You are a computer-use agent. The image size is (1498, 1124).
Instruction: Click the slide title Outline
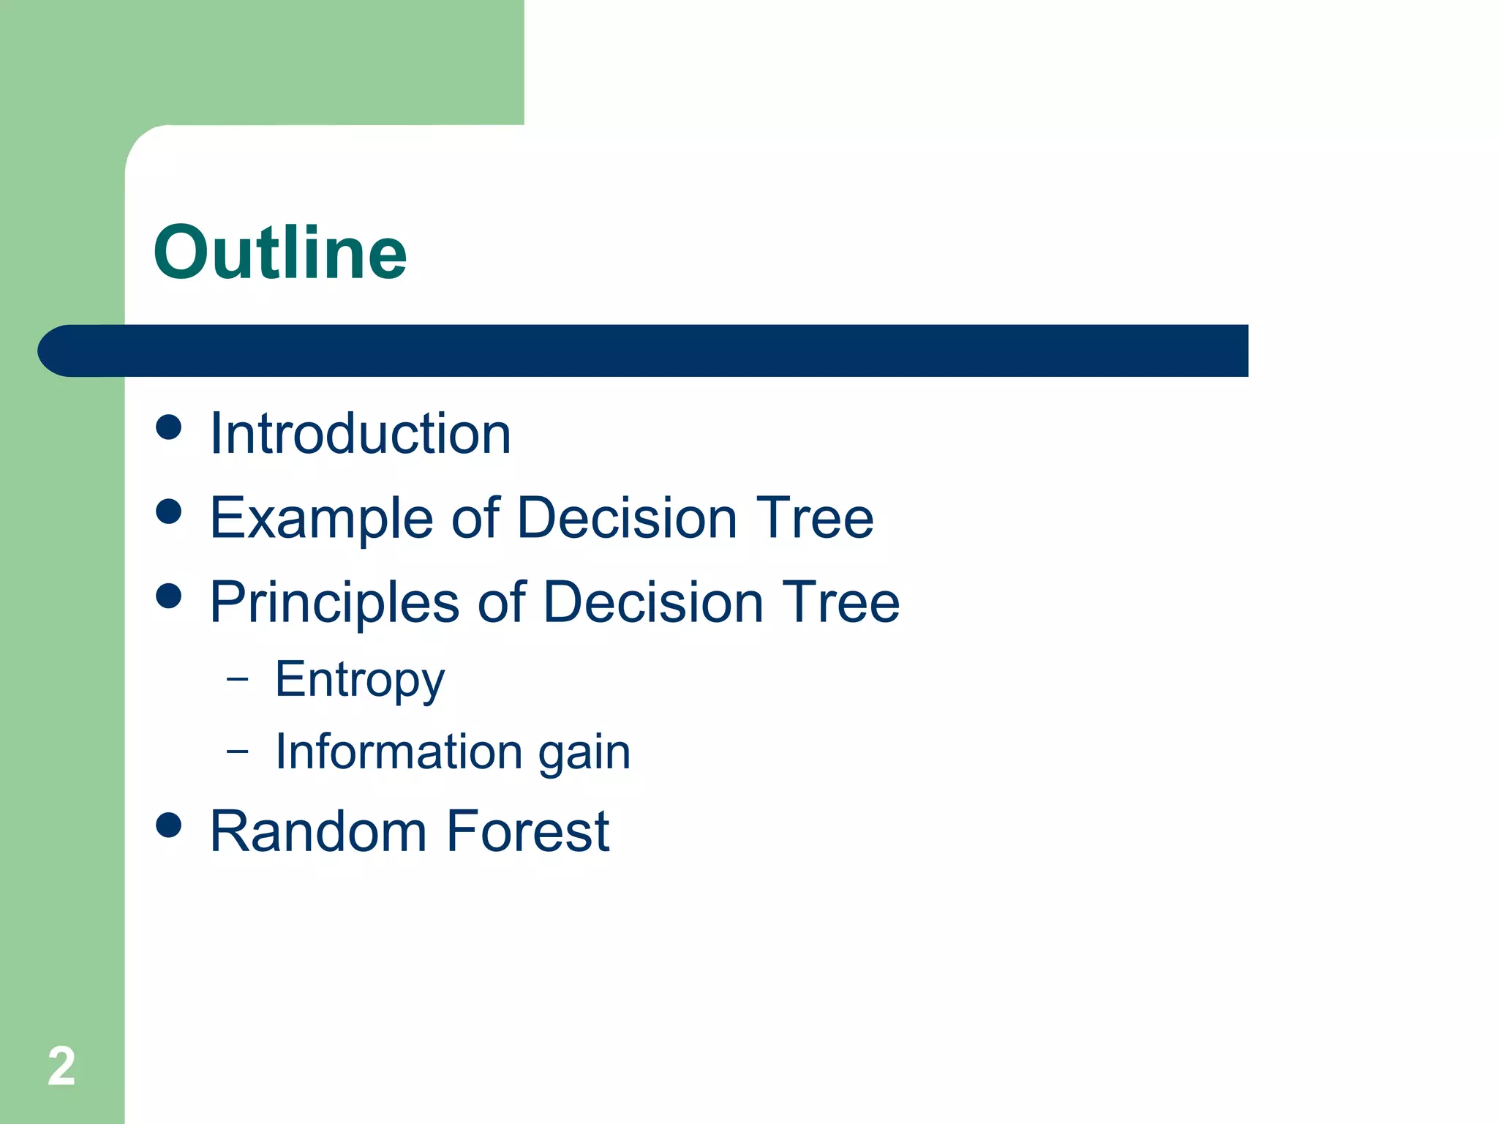pos(279,252)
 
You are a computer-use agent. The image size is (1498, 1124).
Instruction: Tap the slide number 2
pos(61,1066)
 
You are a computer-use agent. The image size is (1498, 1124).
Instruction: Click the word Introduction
pos(360,434)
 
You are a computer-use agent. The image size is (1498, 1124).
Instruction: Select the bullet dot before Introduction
pos(169,427)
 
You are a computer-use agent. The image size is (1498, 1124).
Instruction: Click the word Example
pos(321,520)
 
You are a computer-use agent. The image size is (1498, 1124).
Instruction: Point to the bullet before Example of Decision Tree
pos(169,512)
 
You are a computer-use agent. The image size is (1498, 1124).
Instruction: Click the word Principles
pos(334,603)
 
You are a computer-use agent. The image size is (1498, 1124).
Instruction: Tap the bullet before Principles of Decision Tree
pos(169,596)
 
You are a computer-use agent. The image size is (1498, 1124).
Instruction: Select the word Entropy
pos(359,681)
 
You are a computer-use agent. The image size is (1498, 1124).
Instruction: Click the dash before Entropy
pos(238,679)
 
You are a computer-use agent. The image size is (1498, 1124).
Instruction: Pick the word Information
pos(398,752)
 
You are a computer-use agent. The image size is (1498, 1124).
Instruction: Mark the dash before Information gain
pos(238,751)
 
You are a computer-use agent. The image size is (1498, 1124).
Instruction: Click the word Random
pos(318,832)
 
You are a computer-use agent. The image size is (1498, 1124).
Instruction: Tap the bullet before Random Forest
pos(169,825)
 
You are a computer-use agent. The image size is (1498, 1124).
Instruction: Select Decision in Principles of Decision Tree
pos(653,602)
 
